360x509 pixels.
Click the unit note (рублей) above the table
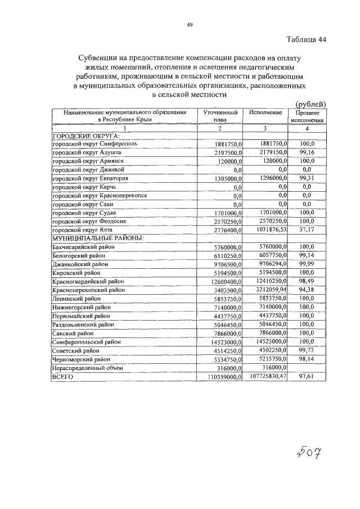point(310,103)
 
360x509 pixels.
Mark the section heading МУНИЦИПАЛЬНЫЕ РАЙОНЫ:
point(97,238)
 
